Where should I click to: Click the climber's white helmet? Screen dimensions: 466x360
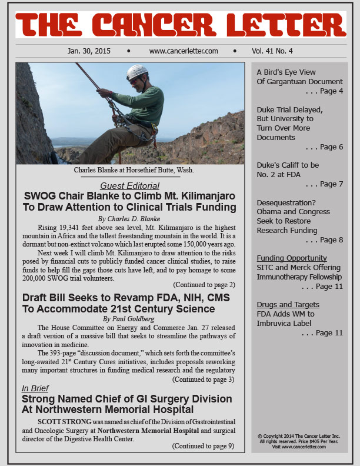(137, 72)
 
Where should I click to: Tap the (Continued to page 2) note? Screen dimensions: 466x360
(203, 285)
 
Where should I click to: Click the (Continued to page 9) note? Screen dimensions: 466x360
(203, 445)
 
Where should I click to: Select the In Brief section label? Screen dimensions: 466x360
(36, 388)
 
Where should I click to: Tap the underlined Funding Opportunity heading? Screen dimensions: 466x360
(291, 258)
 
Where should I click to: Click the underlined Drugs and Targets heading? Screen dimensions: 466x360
(288, 304)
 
